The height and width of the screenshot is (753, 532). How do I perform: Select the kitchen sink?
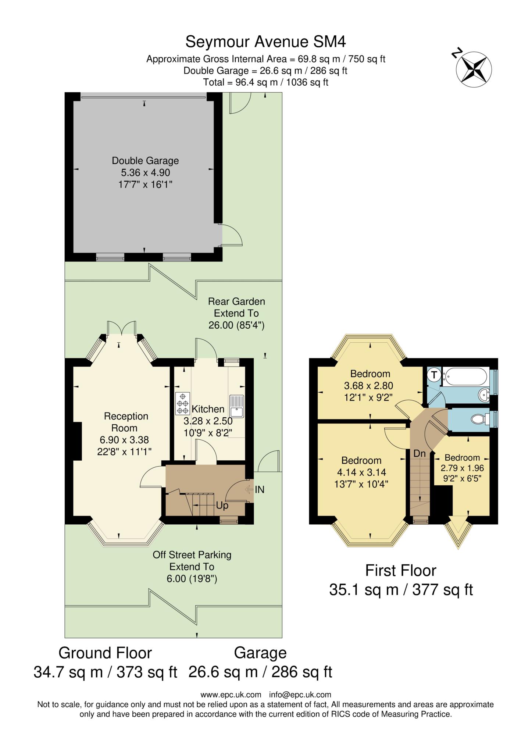pos(237,407)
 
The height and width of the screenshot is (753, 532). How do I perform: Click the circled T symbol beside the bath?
pos(435,375)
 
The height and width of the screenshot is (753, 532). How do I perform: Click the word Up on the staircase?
pos(222,506)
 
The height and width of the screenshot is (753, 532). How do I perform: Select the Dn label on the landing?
pos(419,453)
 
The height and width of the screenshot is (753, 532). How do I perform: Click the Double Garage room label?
pos(145,161)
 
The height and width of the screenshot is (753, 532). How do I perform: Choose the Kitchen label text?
pos(208,409)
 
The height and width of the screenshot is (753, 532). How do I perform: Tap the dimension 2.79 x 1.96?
pos(462,468)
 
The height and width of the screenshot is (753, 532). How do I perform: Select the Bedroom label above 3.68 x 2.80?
pos(370,374)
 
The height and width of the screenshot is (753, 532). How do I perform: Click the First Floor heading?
pos(401,571)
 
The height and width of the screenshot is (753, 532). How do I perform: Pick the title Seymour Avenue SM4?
pos(266,42)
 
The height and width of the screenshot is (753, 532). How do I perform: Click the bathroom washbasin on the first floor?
pos(483,396)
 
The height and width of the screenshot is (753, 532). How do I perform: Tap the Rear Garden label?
pos(236,301)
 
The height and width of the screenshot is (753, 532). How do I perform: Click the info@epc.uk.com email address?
pos(300,695)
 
